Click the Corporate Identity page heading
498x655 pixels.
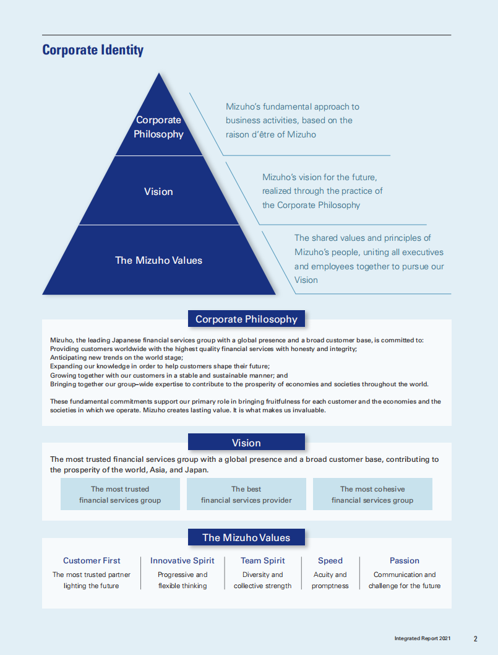point(93,50)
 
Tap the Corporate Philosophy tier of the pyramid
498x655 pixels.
point(159,127)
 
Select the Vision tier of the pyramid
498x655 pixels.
point(158,191)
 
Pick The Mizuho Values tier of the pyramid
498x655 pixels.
point(158,260)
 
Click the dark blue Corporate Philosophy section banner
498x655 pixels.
point(246,319)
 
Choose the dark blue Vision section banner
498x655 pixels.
point(246,443)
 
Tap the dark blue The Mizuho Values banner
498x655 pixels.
point(246,537)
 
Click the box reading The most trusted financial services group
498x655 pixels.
point(120,494)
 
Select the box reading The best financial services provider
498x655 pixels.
point(246,494)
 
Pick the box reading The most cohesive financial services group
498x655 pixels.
point(372,494)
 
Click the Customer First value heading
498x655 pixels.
point(92,561)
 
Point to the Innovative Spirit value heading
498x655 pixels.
point(182,561)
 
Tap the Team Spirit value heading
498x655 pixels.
point(263,561)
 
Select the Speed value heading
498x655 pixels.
point(330,561)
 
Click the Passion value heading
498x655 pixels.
point(405,561)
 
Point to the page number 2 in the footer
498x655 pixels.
point(475,638)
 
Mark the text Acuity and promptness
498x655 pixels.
point(330,580)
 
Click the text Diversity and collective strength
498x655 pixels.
point(263,580)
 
